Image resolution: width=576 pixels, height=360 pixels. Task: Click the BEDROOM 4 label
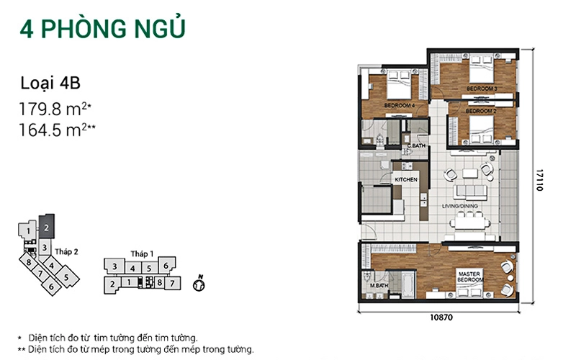400,105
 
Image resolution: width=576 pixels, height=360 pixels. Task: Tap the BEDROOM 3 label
482,89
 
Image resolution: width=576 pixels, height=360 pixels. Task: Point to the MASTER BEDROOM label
470,277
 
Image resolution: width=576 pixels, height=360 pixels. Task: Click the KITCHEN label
406,179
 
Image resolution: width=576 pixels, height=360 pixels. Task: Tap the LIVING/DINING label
459,206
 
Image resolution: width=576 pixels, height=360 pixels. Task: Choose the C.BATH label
416,146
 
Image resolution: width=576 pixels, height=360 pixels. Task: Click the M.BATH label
379,286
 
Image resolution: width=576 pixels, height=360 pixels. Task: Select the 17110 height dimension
539,180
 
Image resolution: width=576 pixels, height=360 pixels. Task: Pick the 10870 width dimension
441,317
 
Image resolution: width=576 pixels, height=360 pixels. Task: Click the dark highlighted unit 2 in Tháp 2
47,227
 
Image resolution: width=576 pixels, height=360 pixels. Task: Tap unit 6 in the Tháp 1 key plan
166,265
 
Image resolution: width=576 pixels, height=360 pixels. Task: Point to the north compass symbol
199,284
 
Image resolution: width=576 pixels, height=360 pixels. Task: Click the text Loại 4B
50,83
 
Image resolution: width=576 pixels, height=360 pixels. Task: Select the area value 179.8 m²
55,109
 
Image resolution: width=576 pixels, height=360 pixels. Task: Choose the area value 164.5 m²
58,130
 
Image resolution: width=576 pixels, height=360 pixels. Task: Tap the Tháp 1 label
142,254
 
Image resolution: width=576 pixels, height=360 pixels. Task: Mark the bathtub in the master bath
408,284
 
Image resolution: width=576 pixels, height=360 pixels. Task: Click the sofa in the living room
471,192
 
